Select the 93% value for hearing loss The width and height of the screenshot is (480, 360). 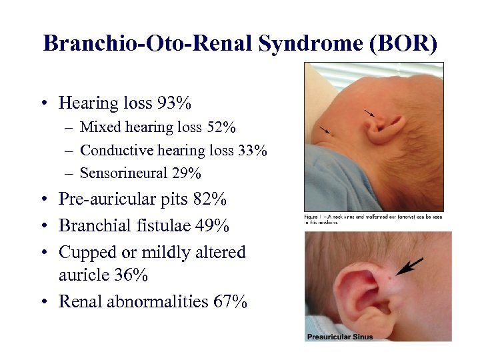[x=175, y=103]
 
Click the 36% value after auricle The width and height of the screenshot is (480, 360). [x=135, y=275]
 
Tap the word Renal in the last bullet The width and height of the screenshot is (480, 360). [x=79, y=301]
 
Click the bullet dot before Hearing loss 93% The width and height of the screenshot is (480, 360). [x=43, y=104]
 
